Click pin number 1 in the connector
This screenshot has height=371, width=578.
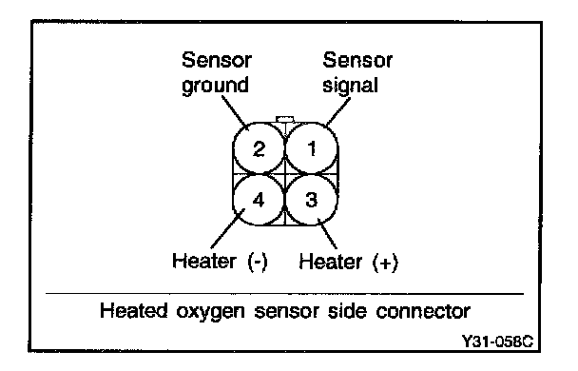coord(312,148)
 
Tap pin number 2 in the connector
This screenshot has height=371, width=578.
coord(259,148)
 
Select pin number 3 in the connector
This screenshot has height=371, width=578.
coord(312,200)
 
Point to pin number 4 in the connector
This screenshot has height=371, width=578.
coord(259,200)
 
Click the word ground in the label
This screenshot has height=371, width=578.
coord(215,86)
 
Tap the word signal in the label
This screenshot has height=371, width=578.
coord(350,86)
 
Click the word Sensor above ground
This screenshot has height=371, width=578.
coord(217,60)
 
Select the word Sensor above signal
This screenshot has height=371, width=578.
coord(357,60)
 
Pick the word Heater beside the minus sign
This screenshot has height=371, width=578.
coord(204,261)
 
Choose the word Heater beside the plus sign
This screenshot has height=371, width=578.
coord(330,262)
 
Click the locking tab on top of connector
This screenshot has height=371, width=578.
coord(285,119)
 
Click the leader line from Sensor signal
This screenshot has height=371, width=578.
coord(338,111)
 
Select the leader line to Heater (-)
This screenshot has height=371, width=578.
coord(227,228)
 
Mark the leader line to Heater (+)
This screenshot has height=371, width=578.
coord(327,234)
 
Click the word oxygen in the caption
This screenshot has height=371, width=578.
coord(210,312)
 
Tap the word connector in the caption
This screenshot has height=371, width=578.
coord(423,312)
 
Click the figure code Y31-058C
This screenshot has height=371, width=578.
coord(497,342)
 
